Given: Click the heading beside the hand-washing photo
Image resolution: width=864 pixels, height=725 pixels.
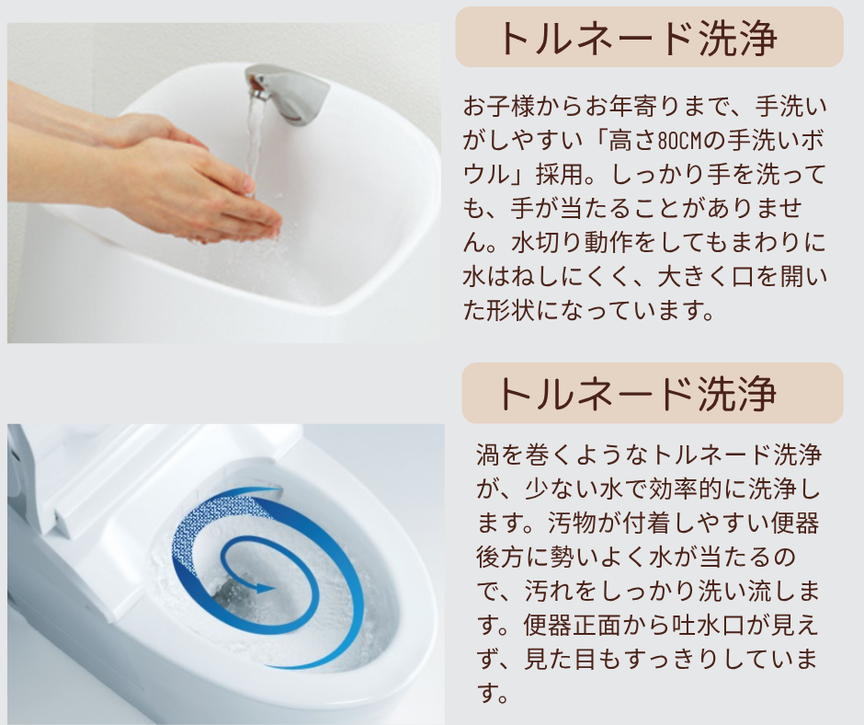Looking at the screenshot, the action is point(637,38).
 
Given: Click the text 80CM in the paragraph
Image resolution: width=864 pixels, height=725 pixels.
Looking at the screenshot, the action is point(681,142).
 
